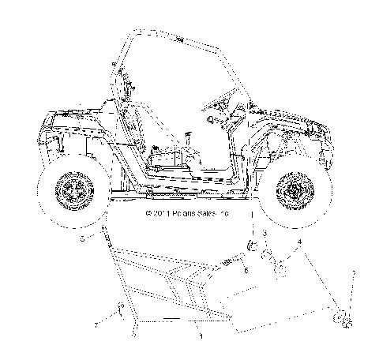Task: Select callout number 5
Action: (x=81, y=236)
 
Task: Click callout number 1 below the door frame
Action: (x=201, y=336)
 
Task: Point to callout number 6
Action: (x=246, y=270)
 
